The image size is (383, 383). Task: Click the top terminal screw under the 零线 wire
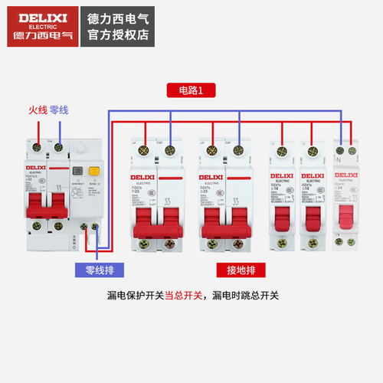point(58,146)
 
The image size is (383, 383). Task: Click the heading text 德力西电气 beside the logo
point(118,15)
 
